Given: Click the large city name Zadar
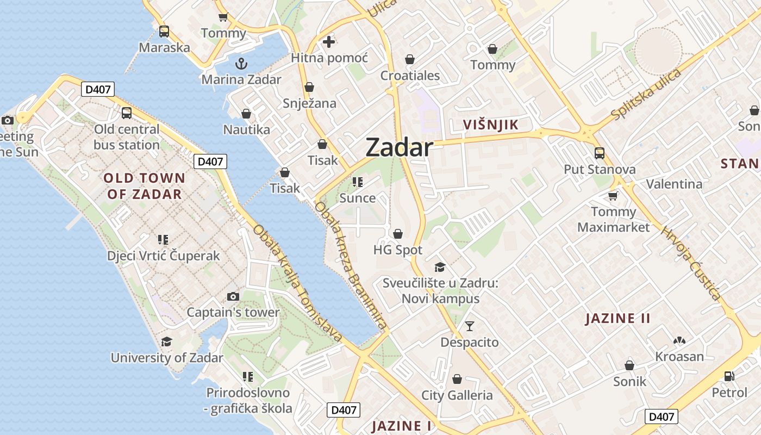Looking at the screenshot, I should [399, 147].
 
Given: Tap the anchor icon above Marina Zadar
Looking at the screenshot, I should [241, 64].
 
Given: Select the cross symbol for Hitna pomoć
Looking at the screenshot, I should [329, 41].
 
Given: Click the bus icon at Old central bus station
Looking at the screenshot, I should [127, 113].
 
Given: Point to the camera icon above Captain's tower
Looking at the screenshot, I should [233, 296].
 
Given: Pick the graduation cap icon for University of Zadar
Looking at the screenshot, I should [166, 341].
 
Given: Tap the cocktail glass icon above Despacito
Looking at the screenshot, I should [470, 326].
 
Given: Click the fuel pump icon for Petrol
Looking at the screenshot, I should [729, 376].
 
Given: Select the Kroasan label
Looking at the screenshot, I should [679, 357].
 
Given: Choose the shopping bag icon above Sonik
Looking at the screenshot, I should [629, 365].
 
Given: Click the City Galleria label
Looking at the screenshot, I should [457, 395].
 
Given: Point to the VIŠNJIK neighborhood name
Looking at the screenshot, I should [491, 125].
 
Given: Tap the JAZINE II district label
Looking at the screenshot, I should [617, 318].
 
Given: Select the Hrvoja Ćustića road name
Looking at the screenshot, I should [690, 263].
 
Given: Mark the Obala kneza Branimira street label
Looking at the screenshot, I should [352, 266].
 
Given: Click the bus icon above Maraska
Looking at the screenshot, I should [164, 32].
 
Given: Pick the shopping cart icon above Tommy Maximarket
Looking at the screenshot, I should [613, 196].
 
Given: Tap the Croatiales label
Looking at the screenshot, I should [410, 75].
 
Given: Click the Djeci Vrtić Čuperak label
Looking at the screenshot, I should [164, 256].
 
